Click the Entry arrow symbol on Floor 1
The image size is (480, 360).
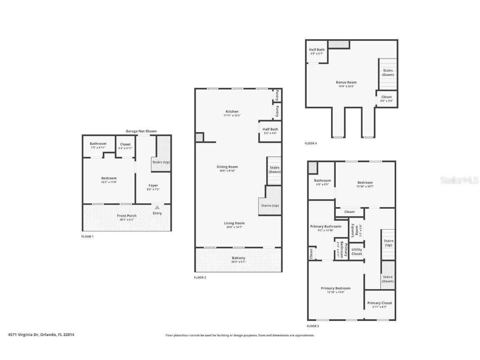tap(157, 207)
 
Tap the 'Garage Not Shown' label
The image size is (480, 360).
tap(141, 131)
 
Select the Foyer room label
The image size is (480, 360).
tap(153, 185)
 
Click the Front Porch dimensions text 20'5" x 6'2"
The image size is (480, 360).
tap(127, 220)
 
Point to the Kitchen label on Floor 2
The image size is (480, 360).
tap(232, 112)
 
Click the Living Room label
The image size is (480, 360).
tap(234, 223)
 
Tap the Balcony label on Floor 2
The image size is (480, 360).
tap(238, 258)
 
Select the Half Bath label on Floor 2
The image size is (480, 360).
tap(270, 129)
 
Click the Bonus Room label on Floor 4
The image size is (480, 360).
tap(346, 82)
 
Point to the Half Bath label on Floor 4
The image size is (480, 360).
tap(317, 50)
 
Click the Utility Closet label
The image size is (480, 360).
tap(357, 252)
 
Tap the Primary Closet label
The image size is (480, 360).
tap(379, 303)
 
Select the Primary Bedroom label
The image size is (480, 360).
tap(335, 288)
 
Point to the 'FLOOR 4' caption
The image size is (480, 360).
tap(310, 143)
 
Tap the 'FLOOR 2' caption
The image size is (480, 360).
tap(200, 277)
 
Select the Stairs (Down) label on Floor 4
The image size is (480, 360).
tap(388, 72)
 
